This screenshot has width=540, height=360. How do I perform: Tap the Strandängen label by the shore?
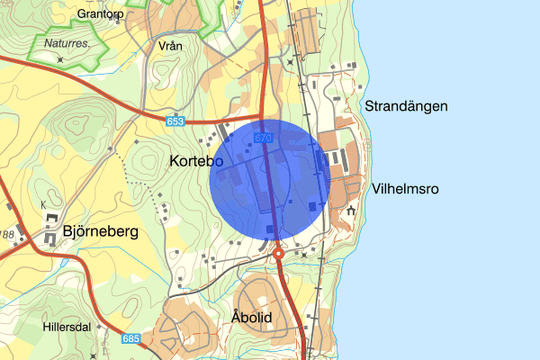click(x=406, y=106)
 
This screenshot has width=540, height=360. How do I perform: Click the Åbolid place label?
click(x=251, y=317)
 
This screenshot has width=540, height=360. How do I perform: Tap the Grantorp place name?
click(x=99, y=14)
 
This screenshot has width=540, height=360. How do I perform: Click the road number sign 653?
click(x=175, y=120)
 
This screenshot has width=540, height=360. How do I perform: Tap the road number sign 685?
click(x=130, y=339)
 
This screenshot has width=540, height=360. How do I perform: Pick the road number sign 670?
click(x=262, y=138)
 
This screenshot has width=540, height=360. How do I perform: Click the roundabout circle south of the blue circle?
click(x=279, y=254)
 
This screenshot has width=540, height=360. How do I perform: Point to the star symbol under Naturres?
click(x=59, y=58)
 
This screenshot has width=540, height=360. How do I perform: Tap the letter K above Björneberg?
click(x=42, y=205)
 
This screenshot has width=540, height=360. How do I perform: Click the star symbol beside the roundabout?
click(x=303, y=255)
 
